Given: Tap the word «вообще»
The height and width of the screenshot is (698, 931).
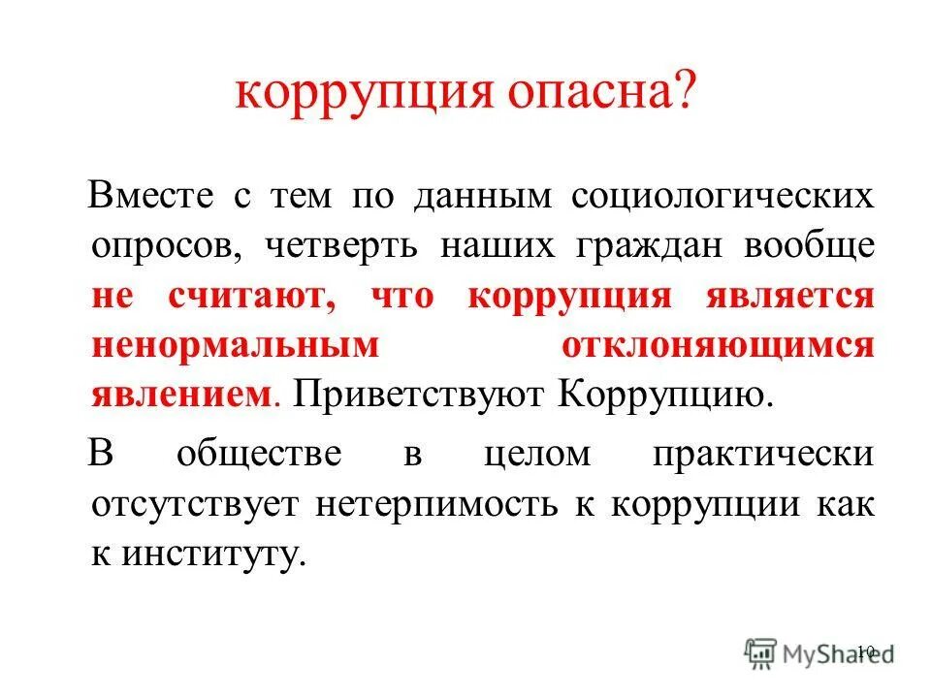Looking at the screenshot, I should [809, 245].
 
